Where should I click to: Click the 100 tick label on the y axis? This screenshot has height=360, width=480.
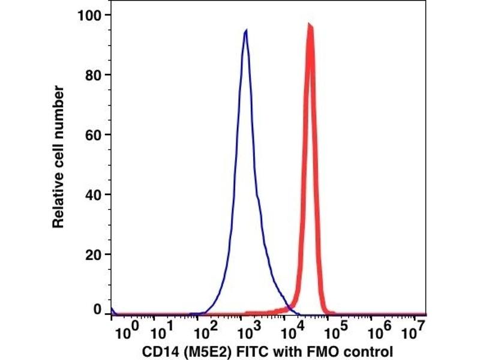tap(91, 14)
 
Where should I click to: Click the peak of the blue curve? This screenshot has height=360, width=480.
tap(246, 31)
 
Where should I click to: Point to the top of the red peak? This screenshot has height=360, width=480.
tap(310, 25)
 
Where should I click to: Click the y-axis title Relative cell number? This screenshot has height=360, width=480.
tap(58, 157)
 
